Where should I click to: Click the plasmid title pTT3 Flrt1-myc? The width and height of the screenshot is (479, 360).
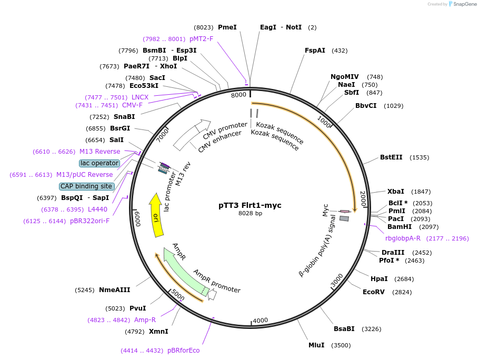[250, 205]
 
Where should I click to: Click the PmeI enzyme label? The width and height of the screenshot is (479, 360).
[227, 27]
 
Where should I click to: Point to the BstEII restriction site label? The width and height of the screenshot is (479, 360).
[391, 157]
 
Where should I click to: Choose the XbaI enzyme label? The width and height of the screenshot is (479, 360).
[396, 192]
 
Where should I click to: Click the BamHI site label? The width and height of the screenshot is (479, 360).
[400, 227]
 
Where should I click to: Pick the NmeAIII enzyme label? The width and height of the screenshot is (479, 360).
[114, 290]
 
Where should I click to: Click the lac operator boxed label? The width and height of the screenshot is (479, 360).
[99, 163]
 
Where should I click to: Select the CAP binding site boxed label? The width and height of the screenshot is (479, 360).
[86, 186]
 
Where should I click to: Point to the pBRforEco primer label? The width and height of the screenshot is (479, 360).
[183, 351]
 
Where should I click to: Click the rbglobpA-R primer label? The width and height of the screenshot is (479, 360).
[403, 238]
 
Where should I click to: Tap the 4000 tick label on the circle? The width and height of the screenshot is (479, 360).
[261, 321]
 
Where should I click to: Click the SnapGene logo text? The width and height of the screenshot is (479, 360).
[463, 4]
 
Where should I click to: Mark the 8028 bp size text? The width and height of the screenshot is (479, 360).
[250, 214]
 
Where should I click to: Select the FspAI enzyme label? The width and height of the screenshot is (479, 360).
[315, 51]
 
